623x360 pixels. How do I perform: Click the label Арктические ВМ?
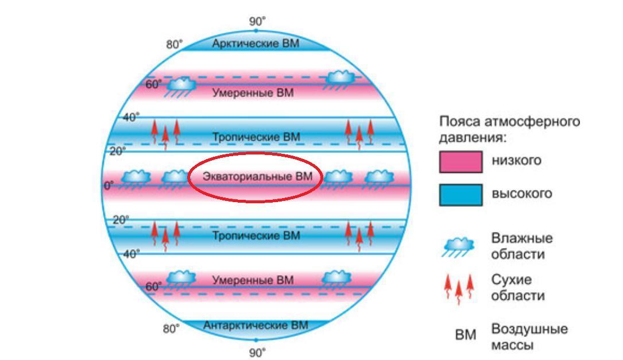(x=256, y=43)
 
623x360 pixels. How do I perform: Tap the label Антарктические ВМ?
(x=256, y=325)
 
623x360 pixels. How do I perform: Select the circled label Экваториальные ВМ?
(x=257, y=176)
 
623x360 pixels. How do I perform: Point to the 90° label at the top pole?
(x=257, y=21)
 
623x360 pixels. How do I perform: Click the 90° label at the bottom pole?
(x=257, y=353)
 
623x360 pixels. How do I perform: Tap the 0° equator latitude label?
(x=109, y=185)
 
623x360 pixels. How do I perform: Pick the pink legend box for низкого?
(x=461, y=162)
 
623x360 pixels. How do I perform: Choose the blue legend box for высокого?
(x=461, y=195)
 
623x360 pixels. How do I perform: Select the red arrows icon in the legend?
(x=459, y=288)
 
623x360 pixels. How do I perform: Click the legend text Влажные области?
(x=522, y=246)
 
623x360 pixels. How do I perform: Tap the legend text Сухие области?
(x=518, y=287)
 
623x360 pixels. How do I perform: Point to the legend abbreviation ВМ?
(x=465, y=335)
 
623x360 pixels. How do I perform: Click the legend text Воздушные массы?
(x=529, y=336)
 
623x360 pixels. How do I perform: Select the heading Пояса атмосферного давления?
(x=509, y=129)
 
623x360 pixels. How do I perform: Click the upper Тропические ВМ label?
(x=256, y=137)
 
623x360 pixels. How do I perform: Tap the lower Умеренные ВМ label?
(x=253, y=280)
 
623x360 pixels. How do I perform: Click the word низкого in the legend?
(x=517, y=160)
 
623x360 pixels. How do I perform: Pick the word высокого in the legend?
(x=522, y=193)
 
